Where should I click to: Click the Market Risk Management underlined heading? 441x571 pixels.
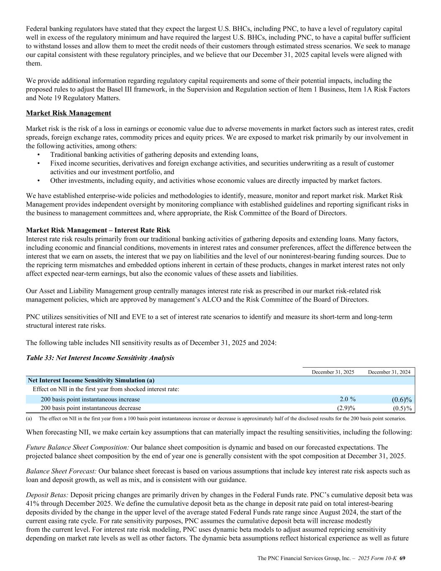click(69, 113)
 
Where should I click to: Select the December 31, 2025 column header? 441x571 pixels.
click(333, 372)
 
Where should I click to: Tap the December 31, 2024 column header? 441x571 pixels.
click(389, 372)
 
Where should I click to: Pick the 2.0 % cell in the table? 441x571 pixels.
click(347, 399)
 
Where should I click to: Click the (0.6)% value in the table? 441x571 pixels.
click(401, 399)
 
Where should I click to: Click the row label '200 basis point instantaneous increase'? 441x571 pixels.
click(90, 399)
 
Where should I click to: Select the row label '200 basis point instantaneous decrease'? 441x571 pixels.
click(91, 408)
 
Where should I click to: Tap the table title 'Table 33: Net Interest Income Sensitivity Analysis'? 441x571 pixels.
click(100, 358)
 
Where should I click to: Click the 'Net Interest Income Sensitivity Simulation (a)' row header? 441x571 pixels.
click(91, 380)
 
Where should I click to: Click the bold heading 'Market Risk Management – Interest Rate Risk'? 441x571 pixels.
click(98, 230)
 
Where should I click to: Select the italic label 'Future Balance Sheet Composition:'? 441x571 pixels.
click(77, 448)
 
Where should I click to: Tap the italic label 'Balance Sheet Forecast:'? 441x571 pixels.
click(61, 471)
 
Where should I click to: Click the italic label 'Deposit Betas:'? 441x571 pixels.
click(47, 495)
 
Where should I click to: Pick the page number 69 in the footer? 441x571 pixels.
click(403, 558)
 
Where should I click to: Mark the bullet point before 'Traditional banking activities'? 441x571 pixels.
click(38, 154)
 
